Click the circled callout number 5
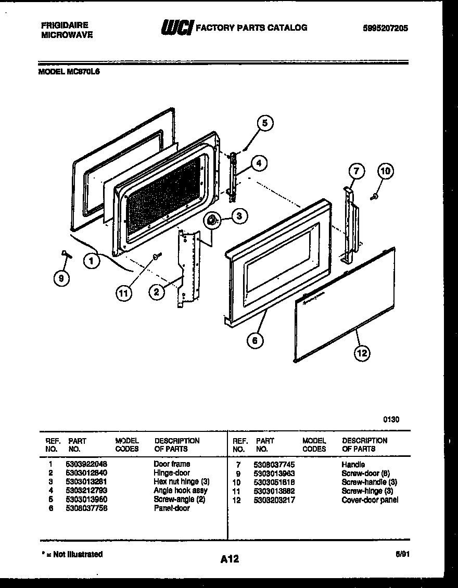click(264, 123)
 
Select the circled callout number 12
click(362, 353)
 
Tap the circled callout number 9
click(62, 278)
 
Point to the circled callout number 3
click(239, 216)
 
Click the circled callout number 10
click(386, 171)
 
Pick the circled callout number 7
click(356, 171)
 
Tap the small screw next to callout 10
click(374, 197)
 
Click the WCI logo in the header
click(177, 28)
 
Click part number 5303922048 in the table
click(86, 464)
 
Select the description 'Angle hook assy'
click(180, 490)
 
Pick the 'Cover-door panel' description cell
click(370, 500)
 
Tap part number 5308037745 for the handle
click(274, 464)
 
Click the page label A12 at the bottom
click(229, 559)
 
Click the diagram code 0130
click(391, 419)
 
